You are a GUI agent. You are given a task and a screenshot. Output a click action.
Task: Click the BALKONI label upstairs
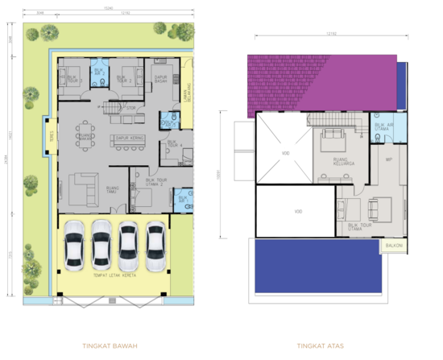point(393,245)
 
